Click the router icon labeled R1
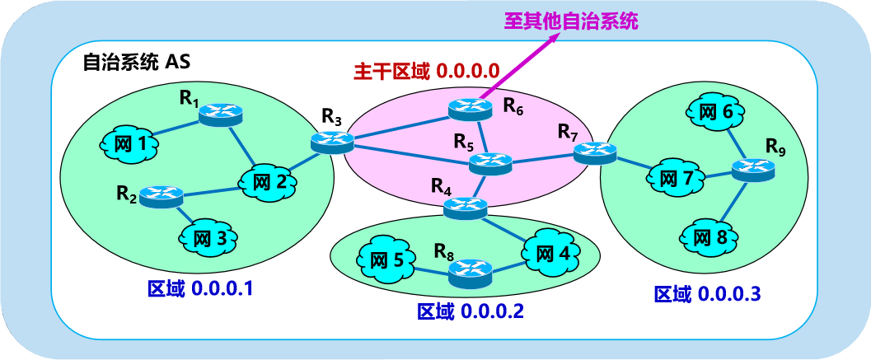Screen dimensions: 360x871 coord(220,114)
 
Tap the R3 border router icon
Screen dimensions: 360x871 coord(332,143)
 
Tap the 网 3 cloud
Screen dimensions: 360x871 coord(208,239)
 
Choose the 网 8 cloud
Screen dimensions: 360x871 coord(710,238)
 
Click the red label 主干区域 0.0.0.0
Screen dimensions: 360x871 coord(427,71)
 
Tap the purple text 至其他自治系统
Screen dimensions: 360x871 coord(572,21)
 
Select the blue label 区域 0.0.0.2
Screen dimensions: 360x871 coord(471,311)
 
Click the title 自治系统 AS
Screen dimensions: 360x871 coord(137,63)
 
